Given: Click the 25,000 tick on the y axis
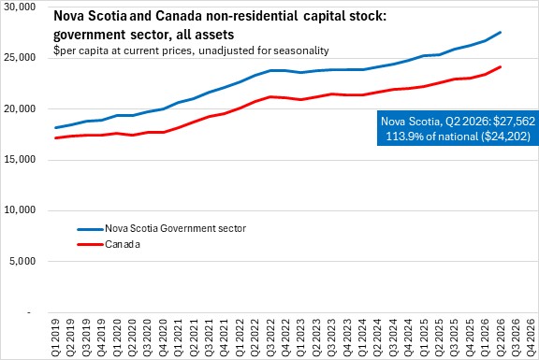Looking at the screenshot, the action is pyautogui.click(x=20, y=57).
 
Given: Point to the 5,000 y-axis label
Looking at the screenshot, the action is pyautogui.click(x=22, y=262).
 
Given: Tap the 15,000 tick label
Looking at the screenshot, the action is pyautogui.click(x=20, y=159).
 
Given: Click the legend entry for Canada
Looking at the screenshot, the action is pyautogui.click(x=123, y=244).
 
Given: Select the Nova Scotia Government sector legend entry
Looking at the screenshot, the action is pyautogui.click(x=175, y=228).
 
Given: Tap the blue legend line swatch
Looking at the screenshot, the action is pyautogui.click(x=90, y=229).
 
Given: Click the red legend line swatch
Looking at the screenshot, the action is pyautogui.click(x=90, y=245).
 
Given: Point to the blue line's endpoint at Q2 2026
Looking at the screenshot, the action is pyautogui.click(x=500, y=33).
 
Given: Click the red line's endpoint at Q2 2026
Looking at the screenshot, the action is pyautogui.click(x=500, y=67).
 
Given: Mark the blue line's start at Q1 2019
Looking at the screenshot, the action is pyautogui.click(x=55, y=128).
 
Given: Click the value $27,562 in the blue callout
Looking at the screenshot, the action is pyautogui.click(x=515, y=122).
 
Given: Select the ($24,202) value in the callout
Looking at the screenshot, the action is pyautogui.click(x=505, y=137).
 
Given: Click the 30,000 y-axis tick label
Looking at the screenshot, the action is pyautogui.click(x=20, y=7).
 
